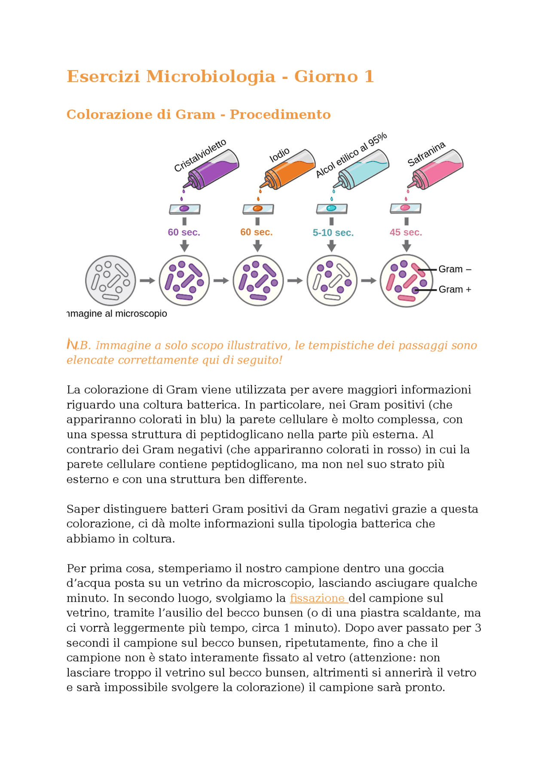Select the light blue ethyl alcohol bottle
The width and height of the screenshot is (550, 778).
pos(364,169)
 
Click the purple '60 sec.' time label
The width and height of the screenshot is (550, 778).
pos(184,232)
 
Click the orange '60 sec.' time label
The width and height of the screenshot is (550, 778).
pos(257,232)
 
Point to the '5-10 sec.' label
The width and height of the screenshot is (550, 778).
pos(333,233)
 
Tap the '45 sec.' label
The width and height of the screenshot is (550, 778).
pos(406,232)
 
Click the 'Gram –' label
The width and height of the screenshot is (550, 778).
pos(455,269)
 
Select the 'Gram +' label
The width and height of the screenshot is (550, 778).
pos(455,290)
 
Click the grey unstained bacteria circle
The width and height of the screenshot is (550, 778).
pos(110,281)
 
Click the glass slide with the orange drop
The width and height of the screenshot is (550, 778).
pos(258,209)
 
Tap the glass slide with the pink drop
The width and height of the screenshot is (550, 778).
pos(405,208)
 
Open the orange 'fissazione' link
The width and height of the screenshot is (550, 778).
pos(318,598)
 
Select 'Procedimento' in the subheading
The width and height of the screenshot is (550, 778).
pos(280,115)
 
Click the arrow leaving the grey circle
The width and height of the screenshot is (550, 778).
pos(147,281)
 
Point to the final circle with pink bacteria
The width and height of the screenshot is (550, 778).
pos(406,281)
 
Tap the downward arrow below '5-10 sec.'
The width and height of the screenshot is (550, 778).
pos(331,246)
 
